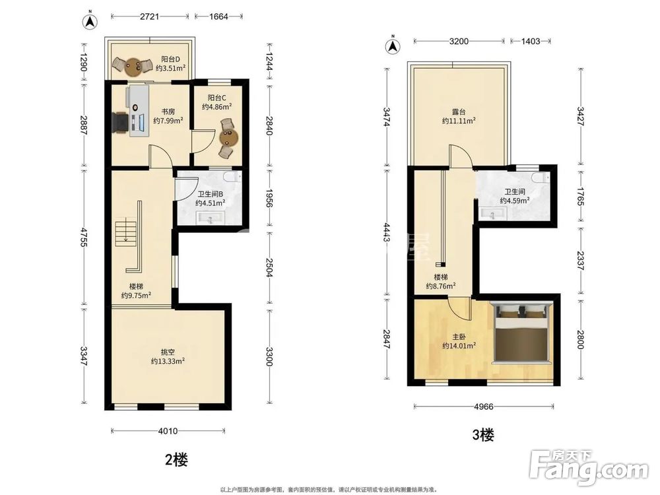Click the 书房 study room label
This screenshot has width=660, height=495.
click(x=168, y=112)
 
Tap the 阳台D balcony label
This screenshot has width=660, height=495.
click(x=170, y=59)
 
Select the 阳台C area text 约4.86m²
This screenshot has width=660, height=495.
click(x=216, y=107)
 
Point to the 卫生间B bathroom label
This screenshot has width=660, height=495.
click(x=210, y=194)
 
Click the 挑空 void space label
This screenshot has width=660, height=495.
click(x=168, y=352)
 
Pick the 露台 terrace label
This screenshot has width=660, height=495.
click(x=459, y=112)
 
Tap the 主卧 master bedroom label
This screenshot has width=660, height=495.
click(x=459, y=337)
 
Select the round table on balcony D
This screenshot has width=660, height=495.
click(x=133, y=67)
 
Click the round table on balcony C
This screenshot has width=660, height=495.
click(x=228, y=138)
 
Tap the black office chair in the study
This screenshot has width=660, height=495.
click(x=120, y=122)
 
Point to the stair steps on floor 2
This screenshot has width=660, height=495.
click(x=126, y=232)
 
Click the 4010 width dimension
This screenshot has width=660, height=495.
click(x=168, y=430)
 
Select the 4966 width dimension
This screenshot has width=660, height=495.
click(x=484, y=407)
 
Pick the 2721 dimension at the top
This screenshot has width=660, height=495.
click(x=150, y=16)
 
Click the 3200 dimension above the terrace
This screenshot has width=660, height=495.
click(x=459, y=41)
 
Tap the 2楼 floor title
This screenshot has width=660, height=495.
click(x=176, y=459)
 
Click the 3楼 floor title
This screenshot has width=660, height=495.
click(x=482, y=435)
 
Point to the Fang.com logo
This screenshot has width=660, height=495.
click(x=589, y=468)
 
